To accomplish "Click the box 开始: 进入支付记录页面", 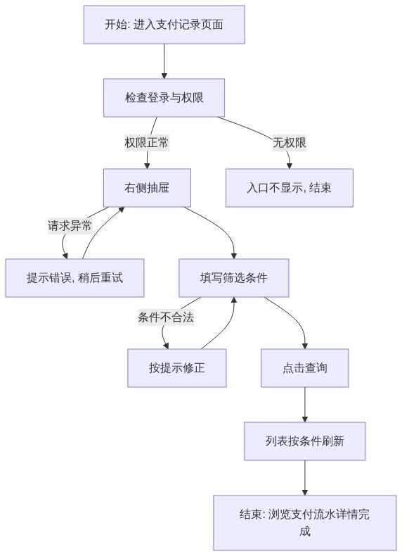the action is pos(164,25).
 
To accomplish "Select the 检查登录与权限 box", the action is pos(164,98).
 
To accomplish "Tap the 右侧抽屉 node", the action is pos(147,188).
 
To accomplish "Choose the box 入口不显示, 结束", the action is pos(290,188).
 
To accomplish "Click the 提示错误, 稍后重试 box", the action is pos(74,277).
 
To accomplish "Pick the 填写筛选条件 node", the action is pos(234,277).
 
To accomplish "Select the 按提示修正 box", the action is pos(176,367).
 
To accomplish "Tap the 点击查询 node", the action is pos(305,367).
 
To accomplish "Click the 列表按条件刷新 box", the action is pos(305,441).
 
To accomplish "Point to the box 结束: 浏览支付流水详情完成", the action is pos(305,523).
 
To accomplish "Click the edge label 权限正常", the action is pos(147,143).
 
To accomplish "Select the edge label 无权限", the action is pos(290,143).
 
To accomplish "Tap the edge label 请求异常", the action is pos(70,225).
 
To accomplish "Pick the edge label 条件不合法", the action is pos(166,317).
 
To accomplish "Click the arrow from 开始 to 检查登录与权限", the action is pos(164,61).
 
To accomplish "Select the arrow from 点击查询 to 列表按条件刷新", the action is pos(305,405).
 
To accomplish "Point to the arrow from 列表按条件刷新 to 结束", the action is pos(305,478).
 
